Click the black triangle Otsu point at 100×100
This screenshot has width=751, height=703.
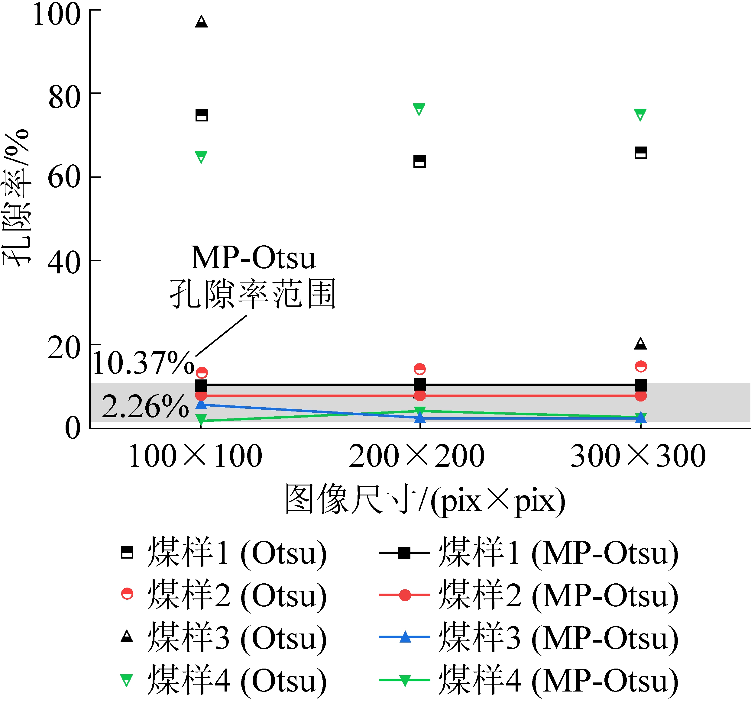click(201, 22)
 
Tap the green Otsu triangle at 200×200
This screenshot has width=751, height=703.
click(419, 109)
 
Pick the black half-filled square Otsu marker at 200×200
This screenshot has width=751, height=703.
click(420, 161)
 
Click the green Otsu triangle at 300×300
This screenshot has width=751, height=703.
click(640, 115)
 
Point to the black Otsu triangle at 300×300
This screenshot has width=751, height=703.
click(641, 343)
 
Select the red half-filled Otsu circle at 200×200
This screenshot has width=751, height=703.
click(420, 369)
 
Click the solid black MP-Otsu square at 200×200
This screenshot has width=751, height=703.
click(420, 385)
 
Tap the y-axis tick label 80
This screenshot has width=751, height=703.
click(64, 97)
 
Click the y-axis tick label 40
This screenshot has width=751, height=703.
click(64, 263)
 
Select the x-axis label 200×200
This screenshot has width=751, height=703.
click(417, 456)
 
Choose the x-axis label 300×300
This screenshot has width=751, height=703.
click(638, 456)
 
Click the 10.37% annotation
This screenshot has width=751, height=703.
click(144, 363)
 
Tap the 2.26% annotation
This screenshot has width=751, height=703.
click(145, 407)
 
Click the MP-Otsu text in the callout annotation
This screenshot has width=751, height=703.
click(253, 258)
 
